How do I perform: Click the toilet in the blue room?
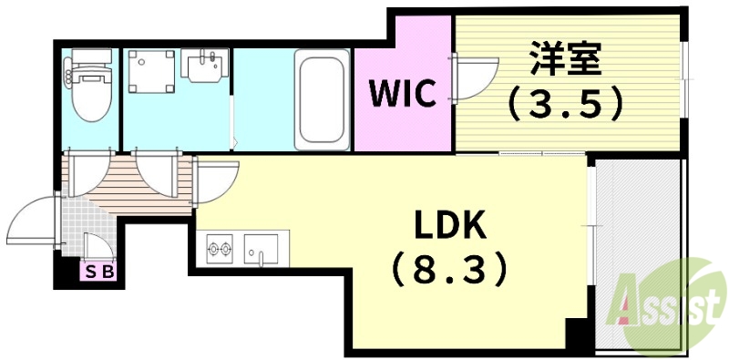(90, 90)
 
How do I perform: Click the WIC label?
(402, 92)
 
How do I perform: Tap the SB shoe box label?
(95, 271)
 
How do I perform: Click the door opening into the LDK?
(214, 180)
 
